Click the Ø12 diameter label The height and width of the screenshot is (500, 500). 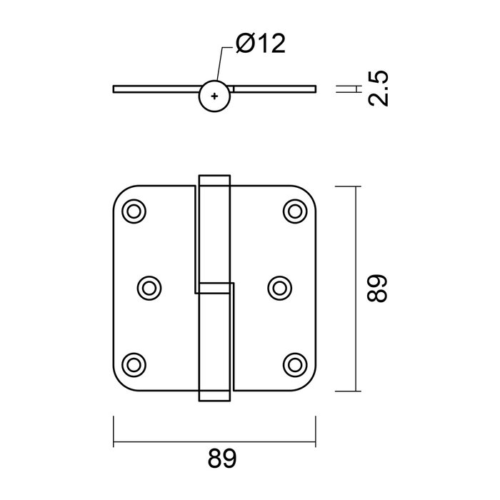[261, 45]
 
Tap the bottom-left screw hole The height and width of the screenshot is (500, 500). [134, 363]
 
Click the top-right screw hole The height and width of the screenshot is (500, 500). [294, 211]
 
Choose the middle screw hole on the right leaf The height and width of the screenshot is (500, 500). [280, 287]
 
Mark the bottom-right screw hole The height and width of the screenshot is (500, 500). [294, 363]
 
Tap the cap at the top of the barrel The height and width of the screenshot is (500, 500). [214, 179]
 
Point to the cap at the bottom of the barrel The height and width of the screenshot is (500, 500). [214, 395]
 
